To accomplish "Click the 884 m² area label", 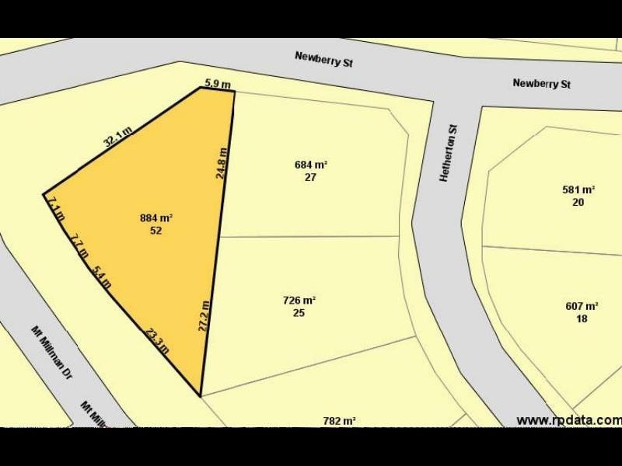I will (x=155, y=218).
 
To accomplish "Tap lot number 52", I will (x=155, y=231).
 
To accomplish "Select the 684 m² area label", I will (x=310, y=165).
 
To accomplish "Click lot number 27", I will (x=310, y=177).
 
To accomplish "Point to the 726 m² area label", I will (x=299, y=301).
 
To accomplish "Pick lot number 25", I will (x=299, y=313).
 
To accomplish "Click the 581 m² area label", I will (x=578, y=190).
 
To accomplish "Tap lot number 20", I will (x=578, y=202).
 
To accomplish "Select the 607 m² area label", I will (x=582, y=306).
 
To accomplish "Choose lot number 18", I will (x=582, y=318).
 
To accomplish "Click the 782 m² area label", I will (x=339, y=421).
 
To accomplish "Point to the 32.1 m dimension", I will (x=117, y=137).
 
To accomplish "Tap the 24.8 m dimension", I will (x=222, y=164).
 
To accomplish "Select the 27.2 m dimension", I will (x=204, y=316).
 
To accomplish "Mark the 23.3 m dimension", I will (x=157, y=340).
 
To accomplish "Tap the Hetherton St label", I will (x=446, y=154).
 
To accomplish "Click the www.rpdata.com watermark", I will (x=569, y=420).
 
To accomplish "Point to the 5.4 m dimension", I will (x=101, y=277).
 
